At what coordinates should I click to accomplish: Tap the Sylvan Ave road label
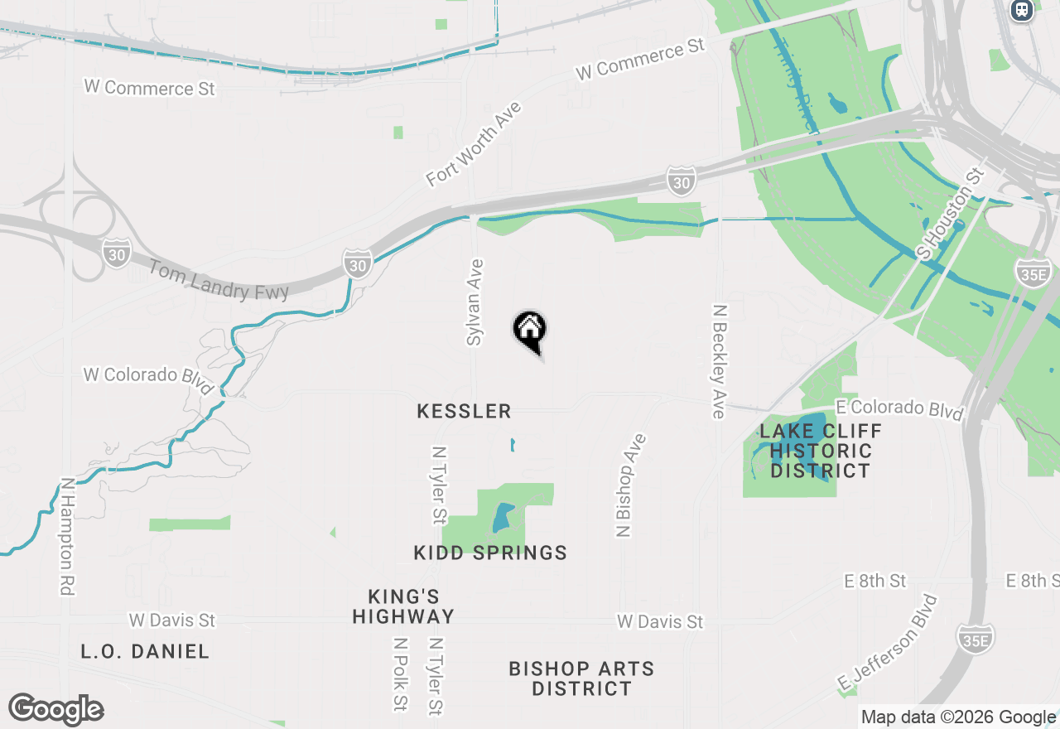click(x=475, y=302)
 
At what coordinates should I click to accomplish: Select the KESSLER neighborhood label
click(x=464, y=411)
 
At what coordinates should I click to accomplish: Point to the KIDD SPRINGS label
click(x=490, y=553)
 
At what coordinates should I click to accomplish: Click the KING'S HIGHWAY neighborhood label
click(x=403, y=606)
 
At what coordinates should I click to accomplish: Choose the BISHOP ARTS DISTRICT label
click(x=581, y=678)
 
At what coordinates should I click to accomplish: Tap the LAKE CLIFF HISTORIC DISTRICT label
click(x=820, y=451)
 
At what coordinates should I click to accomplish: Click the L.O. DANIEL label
click(x=145, y=651)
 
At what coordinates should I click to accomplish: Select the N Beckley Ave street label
click(x=719, y=360)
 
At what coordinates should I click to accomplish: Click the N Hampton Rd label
click(x=67, y=536)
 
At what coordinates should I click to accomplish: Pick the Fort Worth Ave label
click(x=474, y=144)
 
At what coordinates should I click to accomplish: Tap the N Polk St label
click(x=401, y=674)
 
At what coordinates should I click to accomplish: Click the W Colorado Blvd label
click(x=147, y=377)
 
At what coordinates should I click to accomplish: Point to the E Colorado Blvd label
click(x=900, y=408)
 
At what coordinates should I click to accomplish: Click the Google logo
click(x=56, y=709)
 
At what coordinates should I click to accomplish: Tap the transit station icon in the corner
click(x=1022, y=10)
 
